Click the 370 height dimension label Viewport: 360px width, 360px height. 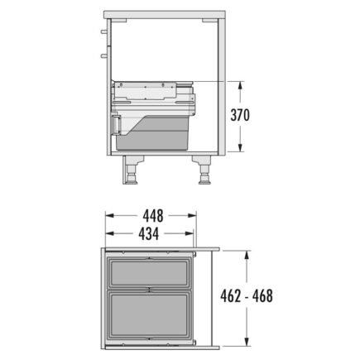point(240,115)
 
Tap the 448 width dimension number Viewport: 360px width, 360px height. point(153,216)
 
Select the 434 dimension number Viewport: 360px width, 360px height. point(149,234)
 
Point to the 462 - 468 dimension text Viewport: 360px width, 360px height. point(247,296)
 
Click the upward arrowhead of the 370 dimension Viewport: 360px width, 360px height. point(241,85)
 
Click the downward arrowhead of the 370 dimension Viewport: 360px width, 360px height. point(241,148)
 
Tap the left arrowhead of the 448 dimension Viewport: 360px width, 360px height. point(110,215)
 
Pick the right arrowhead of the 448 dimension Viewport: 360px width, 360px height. point(192,215)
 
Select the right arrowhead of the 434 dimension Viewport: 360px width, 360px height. point(190,233)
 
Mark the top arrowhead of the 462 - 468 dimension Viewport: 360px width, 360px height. point(247,255)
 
